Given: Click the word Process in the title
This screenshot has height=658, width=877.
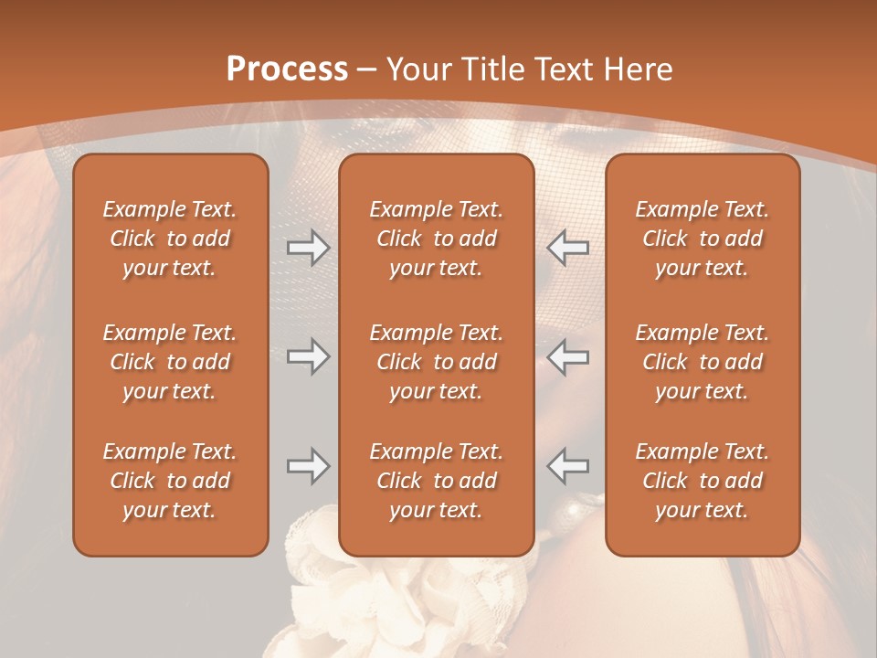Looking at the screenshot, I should click(x=287, y=69).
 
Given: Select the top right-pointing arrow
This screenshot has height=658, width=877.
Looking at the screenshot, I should click(x=308, y=248).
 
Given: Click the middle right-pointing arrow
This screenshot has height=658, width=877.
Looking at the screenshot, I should click(x=308, y=356).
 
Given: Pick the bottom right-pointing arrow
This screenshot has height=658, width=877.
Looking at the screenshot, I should click(x=308, y=466).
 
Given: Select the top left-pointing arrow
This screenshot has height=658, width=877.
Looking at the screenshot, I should click(x=568, y=248).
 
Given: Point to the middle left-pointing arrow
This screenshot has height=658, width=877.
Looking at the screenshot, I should click(x=568, y=356).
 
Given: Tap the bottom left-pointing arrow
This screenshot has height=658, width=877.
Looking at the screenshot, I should click(x=568, y=466).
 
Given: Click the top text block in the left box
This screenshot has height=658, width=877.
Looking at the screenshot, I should click(x=170, y=239).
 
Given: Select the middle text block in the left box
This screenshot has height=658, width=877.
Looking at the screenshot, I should click(x=170, y=362).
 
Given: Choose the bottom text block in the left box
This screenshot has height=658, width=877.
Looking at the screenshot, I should click(x=170, y=481).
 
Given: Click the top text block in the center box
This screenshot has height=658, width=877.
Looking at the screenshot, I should click(x=436, y=239).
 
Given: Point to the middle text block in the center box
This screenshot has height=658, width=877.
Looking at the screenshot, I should click(x=436, y=362).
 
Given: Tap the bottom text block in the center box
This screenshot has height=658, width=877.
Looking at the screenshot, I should click(x=436, y=481).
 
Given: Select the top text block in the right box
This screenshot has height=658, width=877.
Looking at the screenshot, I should click(x=702, y=239).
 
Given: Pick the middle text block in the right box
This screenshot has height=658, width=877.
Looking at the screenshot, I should click(x=702, y=362).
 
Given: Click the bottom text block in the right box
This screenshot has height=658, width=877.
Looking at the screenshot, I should click(x=702, y=481).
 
